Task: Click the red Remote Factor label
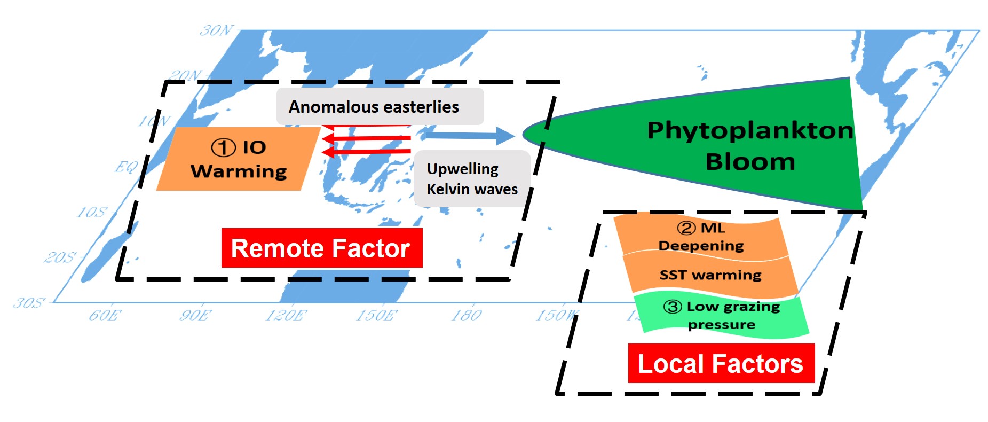321,248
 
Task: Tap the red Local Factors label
721,364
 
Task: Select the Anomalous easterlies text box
380,107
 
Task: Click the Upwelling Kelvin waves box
472,179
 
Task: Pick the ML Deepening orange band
700,237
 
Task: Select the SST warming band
710,275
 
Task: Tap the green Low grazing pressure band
722,315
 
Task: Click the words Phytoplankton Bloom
749,146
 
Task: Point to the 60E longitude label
105,315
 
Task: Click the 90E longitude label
195,315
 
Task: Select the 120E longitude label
286,315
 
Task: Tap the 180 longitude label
467,315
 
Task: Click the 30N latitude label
217,30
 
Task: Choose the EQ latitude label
126,167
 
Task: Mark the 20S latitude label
60,258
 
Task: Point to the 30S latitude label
29,303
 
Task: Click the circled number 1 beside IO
223,147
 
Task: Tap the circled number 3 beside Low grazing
673,307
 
